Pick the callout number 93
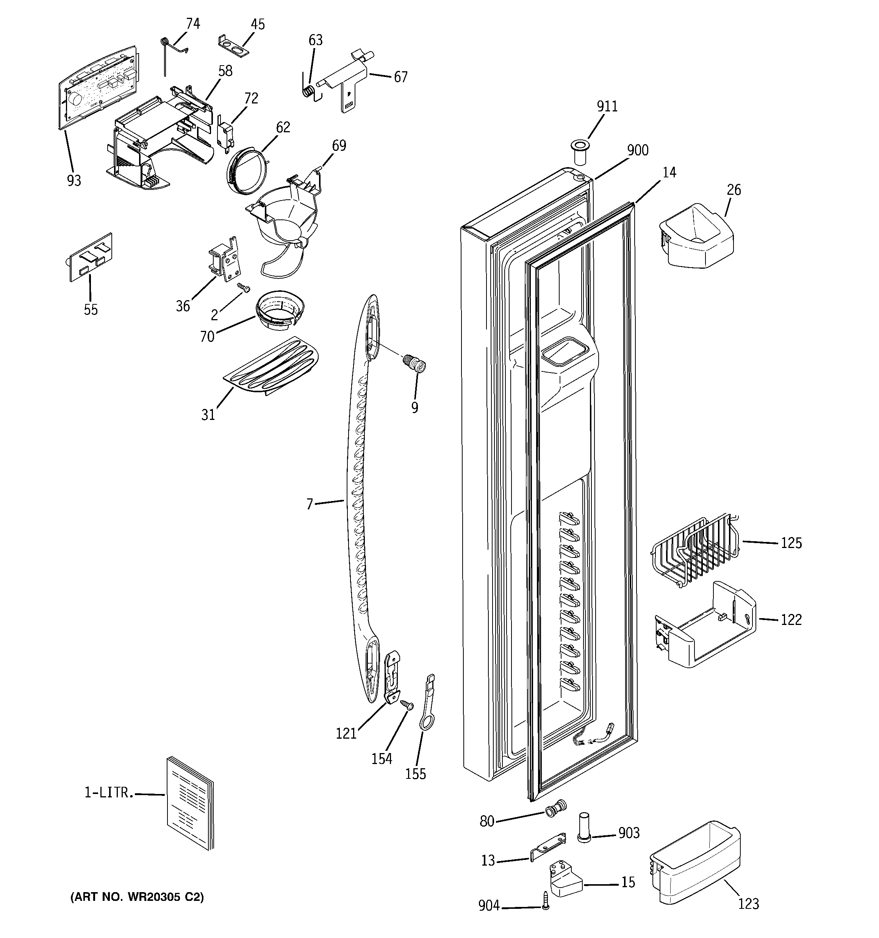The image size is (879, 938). pos(74,181)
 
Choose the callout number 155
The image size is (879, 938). pos(415,774)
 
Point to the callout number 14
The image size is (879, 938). pos(669,173)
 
